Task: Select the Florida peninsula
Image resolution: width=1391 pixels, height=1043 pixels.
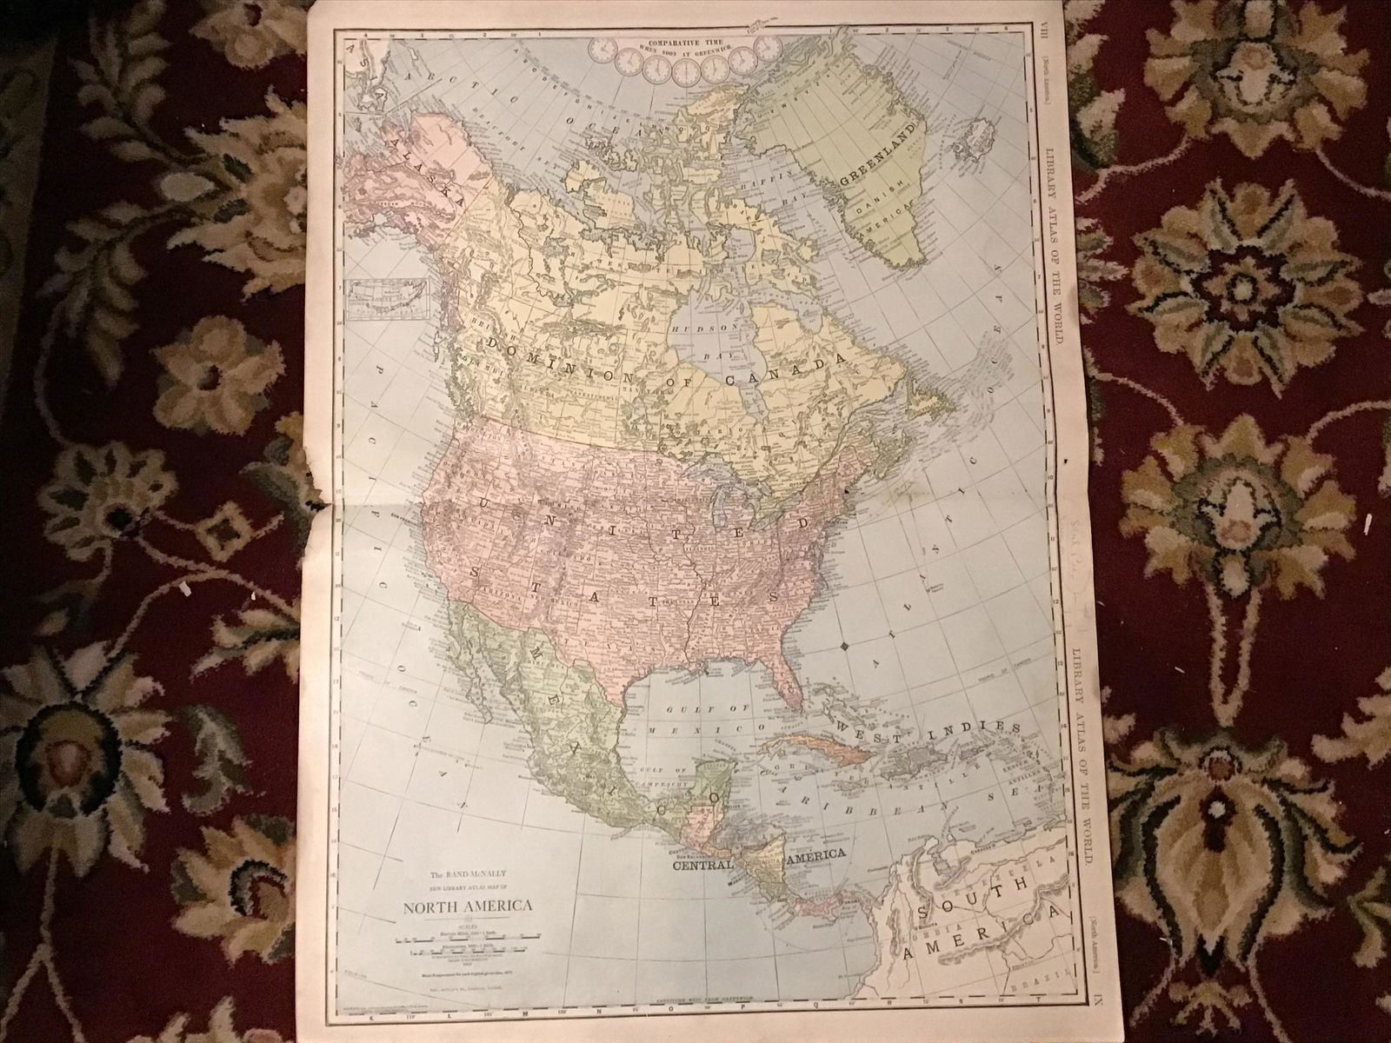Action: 782,675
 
